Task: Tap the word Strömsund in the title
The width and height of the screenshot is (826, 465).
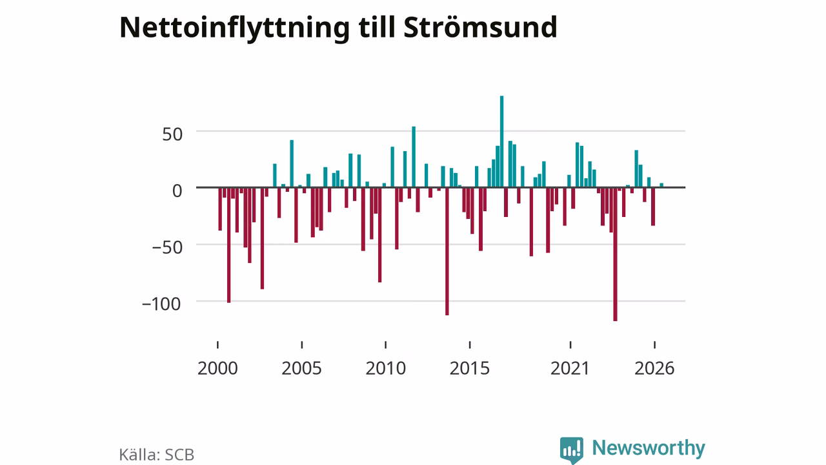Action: [480, 27]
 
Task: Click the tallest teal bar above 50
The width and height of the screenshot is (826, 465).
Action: [501, 141]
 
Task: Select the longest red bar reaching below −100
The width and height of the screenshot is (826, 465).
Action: [615, 254]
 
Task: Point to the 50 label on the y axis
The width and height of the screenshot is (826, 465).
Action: [172, 134]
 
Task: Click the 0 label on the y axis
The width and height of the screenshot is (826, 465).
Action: [177, 191]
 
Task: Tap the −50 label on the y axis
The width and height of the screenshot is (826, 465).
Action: [167, 247]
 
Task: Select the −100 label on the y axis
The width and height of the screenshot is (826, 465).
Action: [161, 304]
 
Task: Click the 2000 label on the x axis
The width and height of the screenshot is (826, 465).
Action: [217, 368]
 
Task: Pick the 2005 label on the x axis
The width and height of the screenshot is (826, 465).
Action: [301, 368]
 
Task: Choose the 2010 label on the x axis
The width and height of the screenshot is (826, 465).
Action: [386, 368]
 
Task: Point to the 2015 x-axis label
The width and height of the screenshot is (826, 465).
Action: [469, 368]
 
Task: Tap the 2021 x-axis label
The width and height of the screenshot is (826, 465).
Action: [570, 368]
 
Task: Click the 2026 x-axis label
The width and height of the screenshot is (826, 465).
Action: [654, 368]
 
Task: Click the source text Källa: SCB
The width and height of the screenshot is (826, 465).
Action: [157, 455]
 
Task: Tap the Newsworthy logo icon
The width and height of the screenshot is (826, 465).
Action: [572, 450]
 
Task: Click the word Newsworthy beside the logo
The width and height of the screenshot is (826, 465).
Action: [649, 448]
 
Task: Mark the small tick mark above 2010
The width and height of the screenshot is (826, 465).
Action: [385, 345]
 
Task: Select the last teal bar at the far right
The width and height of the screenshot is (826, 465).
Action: [661, 185]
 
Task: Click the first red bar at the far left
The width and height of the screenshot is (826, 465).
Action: [220, 209]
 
